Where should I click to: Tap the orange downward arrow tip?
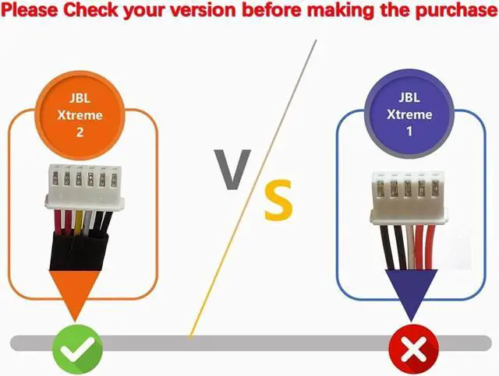pos(76,315)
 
